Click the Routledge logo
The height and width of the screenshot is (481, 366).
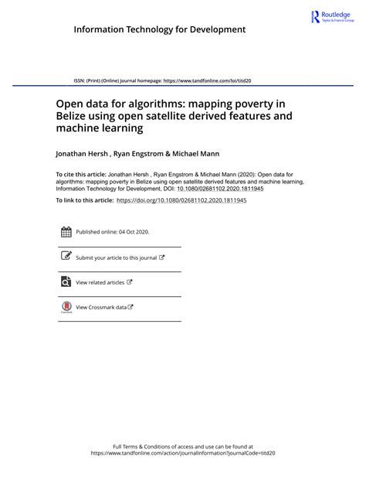pyautogui.click(x=331, y=17)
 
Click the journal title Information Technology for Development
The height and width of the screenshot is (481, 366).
pyautogui.click(x=160, y=29)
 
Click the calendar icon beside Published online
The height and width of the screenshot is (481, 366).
pyautogui.click(x=66, y=231)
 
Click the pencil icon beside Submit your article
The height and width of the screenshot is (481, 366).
pyautogui.click(x=66, y=257)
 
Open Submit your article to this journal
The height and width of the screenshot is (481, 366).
pyautogui.click(x=117, y=258)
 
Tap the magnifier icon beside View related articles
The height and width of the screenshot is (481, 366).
pyautogui.click(x=66, y=282)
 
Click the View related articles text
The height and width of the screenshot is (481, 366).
pyautogui.click(x=100, y=283)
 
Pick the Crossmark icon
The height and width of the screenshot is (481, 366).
pyautogui.click(x=66, y=307)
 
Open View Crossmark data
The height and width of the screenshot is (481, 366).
pyautogui.click(x=101, y=308)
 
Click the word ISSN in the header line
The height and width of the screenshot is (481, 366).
pyautogui.click(x=80, y=80)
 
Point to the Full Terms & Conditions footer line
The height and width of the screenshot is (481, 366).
pyautogui.click(x=183, y=446)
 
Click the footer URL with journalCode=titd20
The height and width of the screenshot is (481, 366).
pyautogui.click(x=183, y=454)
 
